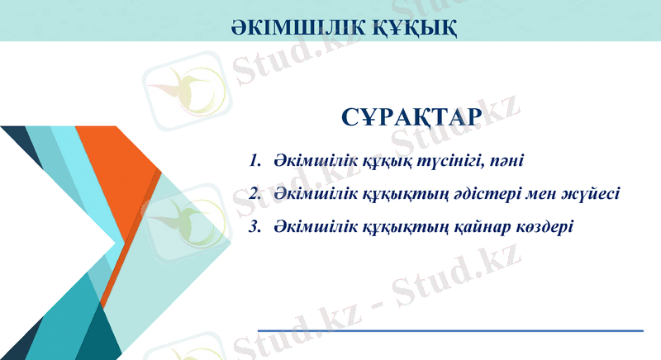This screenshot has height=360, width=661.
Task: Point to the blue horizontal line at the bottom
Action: [x=450, y=330]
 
